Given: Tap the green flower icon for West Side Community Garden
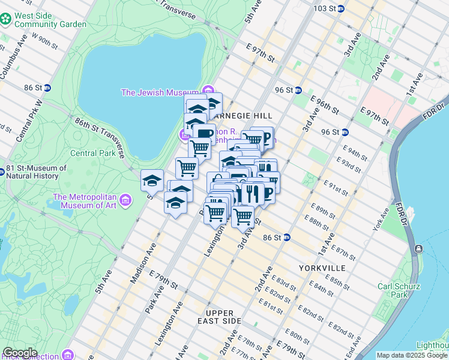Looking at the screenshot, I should [6, 19].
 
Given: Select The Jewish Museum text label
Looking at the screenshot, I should [160, 92].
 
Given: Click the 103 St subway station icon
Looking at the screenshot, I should [341, 8].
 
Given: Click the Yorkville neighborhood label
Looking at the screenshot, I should [321, 268].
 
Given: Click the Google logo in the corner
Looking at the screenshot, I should [20, 353].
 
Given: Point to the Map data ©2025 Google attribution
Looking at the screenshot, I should [412, 355].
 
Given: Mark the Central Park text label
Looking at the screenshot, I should [92, 152].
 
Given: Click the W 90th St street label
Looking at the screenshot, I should [43, 40].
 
